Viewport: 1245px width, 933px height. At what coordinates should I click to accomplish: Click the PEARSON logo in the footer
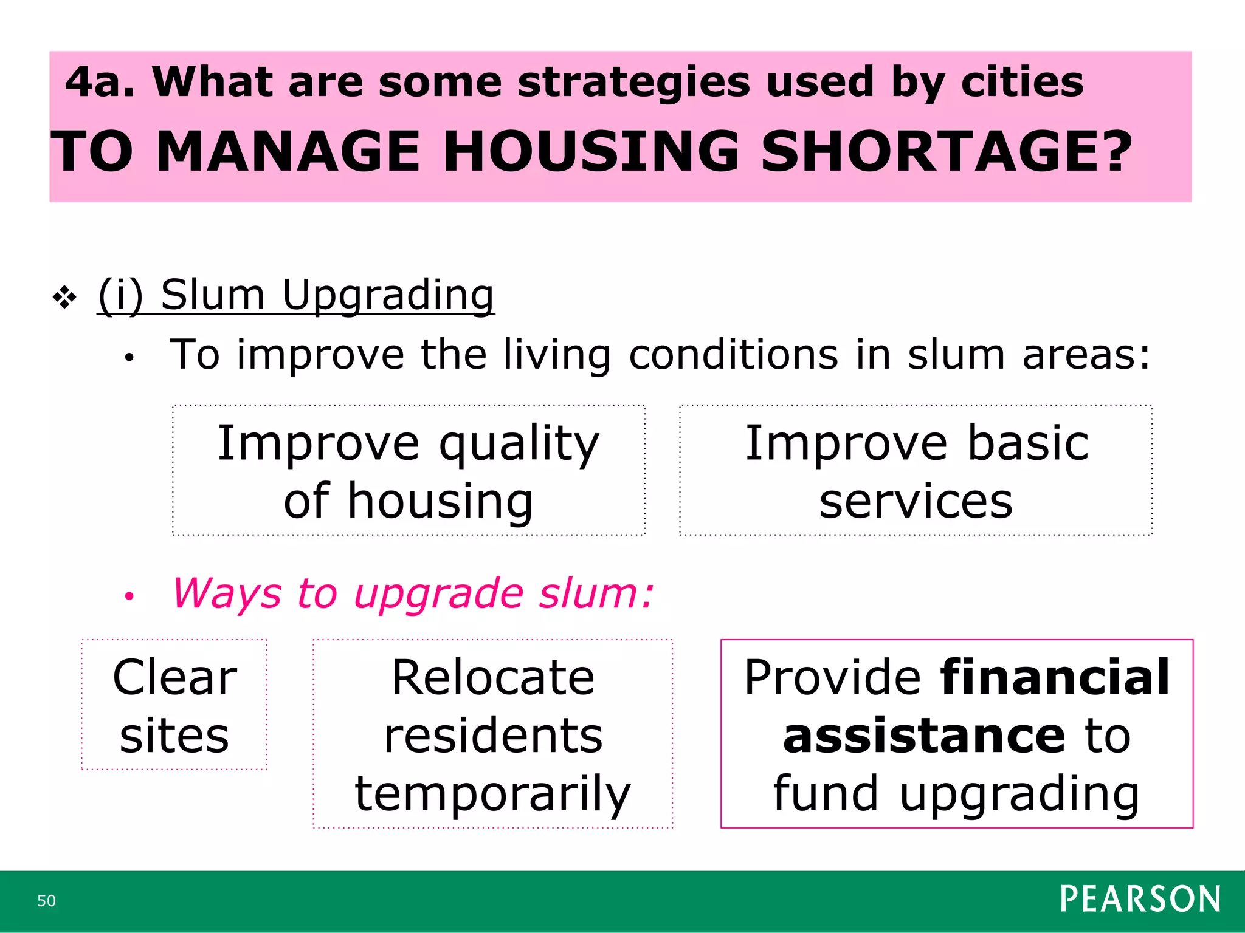(x=1140, y=900)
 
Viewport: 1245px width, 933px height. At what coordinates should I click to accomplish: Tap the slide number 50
(x=46, y=901)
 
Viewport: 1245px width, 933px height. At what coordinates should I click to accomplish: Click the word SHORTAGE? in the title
(x=946, y=151)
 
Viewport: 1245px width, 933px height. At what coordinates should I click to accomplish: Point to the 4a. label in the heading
(x=99, y=82)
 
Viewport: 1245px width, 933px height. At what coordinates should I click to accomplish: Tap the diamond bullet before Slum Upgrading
(x=64, y=297)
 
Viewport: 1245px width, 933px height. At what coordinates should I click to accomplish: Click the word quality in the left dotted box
(x=519, y=445)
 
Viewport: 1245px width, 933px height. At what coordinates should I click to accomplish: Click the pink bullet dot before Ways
(x=129, y=596)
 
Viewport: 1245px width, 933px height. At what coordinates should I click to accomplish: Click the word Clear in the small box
(x=174, y=678)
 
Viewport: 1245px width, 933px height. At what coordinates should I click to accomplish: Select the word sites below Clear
(x=174, y=736)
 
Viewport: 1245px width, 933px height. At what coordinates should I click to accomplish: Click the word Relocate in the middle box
(x=492, y=678)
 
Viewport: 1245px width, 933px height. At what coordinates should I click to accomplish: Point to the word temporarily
(x=492, y=794)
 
